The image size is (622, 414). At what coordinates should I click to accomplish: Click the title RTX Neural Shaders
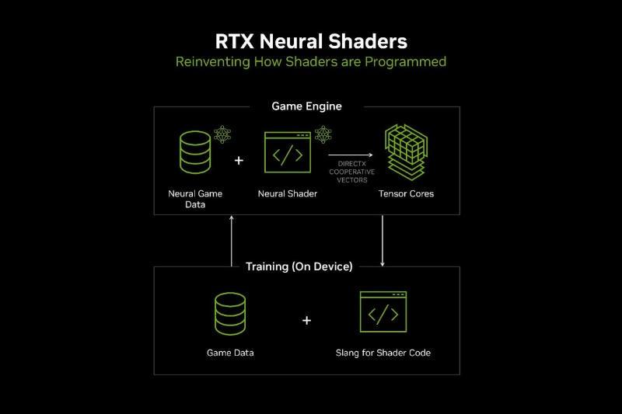tap(310, 40)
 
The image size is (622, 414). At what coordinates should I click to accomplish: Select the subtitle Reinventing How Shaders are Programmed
tap(310, 61)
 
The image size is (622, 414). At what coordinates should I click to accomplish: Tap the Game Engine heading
tap(306, 106)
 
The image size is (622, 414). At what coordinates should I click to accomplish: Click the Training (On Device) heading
tap(299, 266)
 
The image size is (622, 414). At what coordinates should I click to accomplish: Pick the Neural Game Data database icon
tap(195, 151)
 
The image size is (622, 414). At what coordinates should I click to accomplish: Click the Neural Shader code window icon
tap(287, 153)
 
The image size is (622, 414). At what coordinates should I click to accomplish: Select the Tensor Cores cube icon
tap(406, 152)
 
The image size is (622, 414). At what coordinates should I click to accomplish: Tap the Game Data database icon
tap(230, 313)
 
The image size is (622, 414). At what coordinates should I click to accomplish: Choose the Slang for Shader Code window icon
tap(383, 313)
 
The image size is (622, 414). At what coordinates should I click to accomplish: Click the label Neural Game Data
tap(195, 199)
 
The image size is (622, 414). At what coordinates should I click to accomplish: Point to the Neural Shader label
tap(287, 193)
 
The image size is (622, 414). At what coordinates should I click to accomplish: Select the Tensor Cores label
tap(406, 193)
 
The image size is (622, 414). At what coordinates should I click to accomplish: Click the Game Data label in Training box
tap(230, 353)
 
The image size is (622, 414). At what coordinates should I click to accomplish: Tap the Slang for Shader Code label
tap(383, 353)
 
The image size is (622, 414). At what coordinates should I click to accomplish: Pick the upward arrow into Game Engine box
tap(232, 241)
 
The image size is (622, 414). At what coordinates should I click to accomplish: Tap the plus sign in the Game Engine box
tap(239, 161)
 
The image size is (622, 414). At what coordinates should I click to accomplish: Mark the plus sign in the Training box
tap(306, 320)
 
